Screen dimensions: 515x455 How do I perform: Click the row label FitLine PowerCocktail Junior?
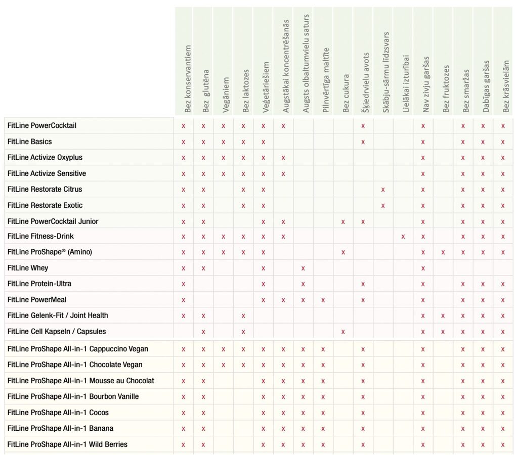pos(53,221)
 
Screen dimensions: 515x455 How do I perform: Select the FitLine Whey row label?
pos(28,268)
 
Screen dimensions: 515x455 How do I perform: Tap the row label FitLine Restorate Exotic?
pos(45,205)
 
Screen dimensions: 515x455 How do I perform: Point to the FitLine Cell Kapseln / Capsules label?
pos(57,332)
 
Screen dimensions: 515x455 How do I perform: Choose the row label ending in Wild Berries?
pos(67,444)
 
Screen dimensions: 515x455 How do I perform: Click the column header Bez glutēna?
pos(205,91)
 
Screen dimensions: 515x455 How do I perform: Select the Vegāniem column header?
pos(226,95)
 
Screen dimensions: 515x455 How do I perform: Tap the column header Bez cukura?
pos(346,94)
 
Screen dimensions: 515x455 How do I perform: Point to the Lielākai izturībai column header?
pos(406,84)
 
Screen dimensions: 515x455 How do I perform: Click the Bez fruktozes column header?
pos(446,88)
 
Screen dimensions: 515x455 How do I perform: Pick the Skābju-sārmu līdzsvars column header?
pos(385,72)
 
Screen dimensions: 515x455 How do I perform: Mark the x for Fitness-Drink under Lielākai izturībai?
pos(403,237)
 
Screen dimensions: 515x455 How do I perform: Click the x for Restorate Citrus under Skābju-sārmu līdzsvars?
pos(383,190)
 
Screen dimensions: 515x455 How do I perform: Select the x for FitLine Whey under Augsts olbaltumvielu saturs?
pos(303,268)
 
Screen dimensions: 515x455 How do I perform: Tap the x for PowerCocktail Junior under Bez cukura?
pos(343,222)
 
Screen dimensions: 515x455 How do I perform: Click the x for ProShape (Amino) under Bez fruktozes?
pos(443,252)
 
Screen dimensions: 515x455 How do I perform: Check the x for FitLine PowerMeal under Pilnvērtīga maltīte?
pos(323,300)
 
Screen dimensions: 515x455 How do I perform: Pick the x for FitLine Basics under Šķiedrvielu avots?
pos(363,142)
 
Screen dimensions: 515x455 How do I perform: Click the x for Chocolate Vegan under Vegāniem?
pos(223,365)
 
